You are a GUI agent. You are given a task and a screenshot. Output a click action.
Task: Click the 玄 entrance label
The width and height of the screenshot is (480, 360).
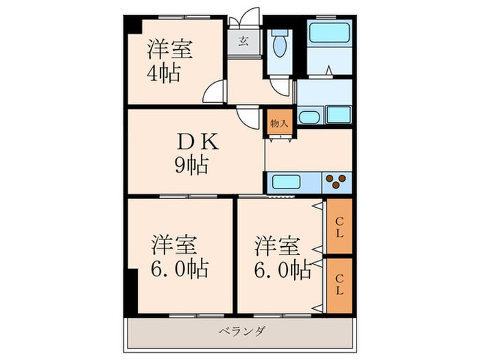244,40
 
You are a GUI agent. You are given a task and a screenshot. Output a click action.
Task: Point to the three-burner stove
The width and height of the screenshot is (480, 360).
335,182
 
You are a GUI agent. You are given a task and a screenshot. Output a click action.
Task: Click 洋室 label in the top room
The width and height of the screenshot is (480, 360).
169,49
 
